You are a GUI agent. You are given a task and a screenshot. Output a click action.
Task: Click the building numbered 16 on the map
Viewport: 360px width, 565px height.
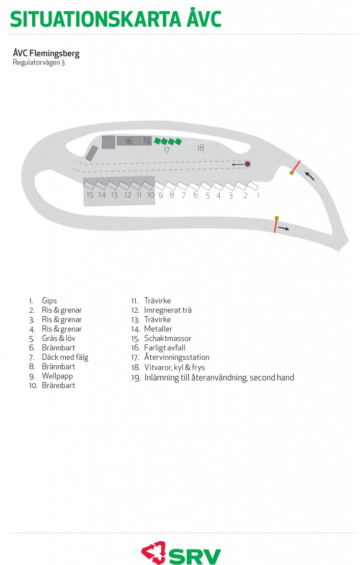coord(129,141)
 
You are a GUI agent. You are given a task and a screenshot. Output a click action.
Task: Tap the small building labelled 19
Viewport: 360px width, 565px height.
coord(146,141)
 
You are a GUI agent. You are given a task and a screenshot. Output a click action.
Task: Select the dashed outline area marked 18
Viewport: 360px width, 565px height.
coord(201,148)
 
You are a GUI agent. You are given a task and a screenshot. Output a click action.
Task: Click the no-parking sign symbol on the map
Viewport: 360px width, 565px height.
coord(247,164)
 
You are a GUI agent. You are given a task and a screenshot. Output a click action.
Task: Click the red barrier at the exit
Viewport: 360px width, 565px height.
coord(275,225)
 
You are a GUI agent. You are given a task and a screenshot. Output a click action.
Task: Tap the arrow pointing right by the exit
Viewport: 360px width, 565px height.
coord(283,228)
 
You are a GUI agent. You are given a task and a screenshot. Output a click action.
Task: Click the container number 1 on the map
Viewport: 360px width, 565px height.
coord(253,186)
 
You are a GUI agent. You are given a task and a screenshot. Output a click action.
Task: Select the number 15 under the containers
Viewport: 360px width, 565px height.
coord(90,195)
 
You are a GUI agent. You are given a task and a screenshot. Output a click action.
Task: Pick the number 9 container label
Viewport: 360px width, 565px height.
coord(161,195)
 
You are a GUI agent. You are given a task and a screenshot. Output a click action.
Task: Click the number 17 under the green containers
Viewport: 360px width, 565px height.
coord(167,150)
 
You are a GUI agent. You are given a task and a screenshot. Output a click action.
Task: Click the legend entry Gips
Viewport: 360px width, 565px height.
coord(50,301)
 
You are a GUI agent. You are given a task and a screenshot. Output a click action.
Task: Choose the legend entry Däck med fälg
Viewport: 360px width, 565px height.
coord(65,357)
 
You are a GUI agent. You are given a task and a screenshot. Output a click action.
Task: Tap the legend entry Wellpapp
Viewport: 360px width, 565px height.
coord(57,376)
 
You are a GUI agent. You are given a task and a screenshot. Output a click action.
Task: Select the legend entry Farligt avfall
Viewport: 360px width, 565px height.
coord(165,348)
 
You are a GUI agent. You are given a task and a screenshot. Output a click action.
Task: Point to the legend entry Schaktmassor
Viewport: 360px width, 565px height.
coord(168,338)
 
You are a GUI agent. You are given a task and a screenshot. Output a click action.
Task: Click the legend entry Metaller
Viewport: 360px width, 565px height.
coord(158,329)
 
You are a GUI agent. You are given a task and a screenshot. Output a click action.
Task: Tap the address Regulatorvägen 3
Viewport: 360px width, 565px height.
coord(39,62)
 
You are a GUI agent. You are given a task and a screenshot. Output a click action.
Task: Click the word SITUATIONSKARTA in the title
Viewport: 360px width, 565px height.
coord(95,19)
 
